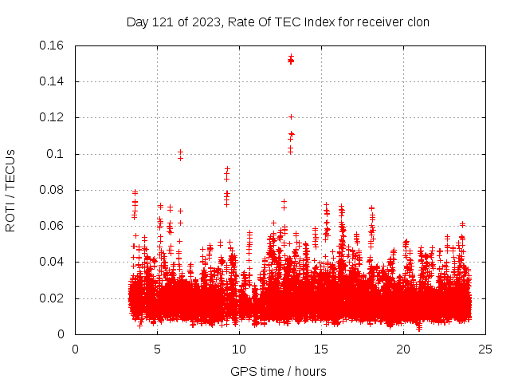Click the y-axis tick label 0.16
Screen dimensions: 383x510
click(x=53, y=45)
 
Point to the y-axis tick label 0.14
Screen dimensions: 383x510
click(x=53, y=81)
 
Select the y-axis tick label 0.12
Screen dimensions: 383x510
click(x=53, y=117)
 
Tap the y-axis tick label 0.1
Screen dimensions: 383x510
click(x=58, y=154)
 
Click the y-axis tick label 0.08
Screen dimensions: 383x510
click(x=53, y=190)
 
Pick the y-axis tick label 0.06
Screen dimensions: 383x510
click(x=53, y=226)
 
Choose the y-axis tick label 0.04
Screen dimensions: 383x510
click(x=53, y=262)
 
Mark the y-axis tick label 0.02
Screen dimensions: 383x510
click(x=53, y=298)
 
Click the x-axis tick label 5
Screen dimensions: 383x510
click(x=157, y=349)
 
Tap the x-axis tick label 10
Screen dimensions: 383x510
click(x=239, y=349)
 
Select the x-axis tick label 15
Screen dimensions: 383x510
click(x=321, y=349)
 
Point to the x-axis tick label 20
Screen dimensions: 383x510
click(x=403, y=349)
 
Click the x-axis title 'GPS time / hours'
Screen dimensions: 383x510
click(x=278, y=371)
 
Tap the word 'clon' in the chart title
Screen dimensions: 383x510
click(x=418, y=22)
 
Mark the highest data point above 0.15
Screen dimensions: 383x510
click(x=291, y=57)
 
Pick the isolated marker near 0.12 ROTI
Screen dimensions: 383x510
click(x=291, y=117)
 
